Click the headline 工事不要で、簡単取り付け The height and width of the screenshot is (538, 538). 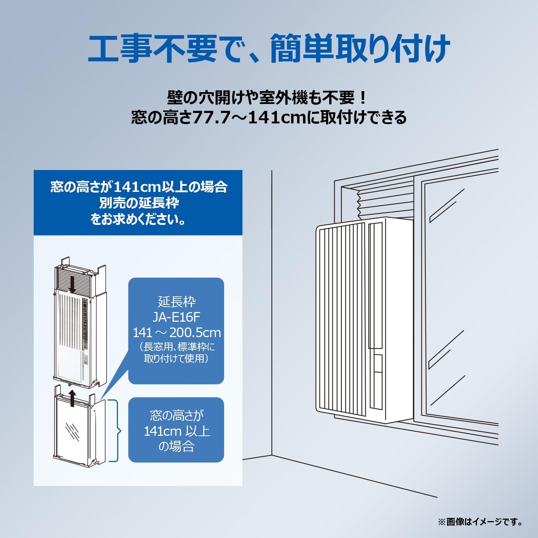point(269,48)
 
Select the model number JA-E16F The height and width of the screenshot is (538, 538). point(176,317)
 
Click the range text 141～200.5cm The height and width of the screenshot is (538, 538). point(177,333)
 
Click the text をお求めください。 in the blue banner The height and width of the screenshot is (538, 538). point(138,219)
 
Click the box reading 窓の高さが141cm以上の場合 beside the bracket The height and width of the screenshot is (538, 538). point(176,430)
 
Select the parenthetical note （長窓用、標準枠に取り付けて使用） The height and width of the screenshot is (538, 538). point(176,353)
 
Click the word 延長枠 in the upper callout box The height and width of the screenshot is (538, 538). point(176,302)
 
